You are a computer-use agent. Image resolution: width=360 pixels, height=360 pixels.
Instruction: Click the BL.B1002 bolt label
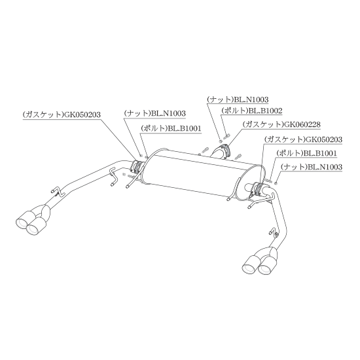tap(252, 111)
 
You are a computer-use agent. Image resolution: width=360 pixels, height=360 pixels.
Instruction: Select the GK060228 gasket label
tap(281, 124)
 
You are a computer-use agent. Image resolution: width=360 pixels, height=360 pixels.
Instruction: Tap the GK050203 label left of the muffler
tap(62, 115)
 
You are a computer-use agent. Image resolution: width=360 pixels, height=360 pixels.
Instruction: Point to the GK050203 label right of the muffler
tap(303, 139)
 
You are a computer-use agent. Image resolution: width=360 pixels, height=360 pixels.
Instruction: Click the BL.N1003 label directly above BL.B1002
tap(238, 99)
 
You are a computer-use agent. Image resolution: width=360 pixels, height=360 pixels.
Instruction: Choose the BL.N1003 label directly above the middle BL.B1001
tap(154, 113)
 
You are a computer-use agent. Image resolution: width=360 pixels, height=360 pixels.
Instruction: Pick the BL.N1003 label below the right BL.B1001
tap(312, 167)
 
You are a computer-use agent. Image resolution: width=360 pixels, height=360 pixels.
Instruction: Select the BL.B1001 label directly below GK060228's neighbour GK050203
tap(306, 153)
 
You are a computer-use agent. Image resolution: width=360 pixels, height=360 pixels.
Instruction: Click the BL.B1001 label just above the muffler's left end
tap(171, 128)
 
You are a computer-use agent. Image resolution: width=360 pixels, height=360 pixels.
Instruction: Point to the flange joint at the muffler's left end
tap(137, 166)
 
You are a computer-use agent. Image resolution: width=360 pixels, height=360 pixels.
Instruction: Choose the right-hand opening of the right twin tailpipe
tap(264, 269)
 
